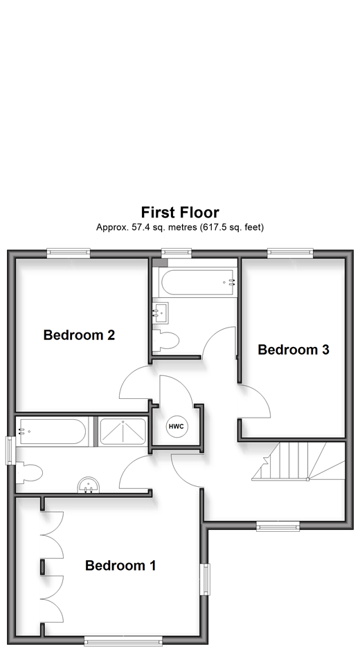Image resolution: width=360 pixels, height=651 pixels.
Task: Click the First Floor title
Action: [180, 212]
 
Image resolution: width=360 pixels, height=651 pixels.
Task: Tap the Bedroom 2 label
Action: [79, 335]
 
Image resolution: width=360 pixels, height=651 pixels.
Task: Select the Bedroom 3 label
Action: [293, 350]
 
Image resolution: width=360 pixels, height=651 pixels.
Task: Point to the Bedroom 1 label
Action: [120, 565]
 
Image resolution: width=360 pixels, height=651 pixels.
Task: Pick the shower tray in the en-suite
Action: [123, 431]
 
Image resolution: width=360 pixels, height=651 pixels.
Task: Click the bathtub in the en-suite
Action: [51, 431]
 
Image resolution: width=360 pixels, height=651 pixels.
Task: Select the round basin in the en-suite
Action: [89, 485]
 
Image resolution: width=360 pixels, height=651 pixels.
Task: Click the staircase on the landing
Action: [298, 462]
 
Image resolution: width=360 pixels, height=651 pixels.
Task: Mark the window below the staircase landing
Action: [278, 526]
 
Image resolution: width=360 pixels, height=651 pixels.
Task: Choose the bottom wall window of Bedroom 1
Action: [123, 641]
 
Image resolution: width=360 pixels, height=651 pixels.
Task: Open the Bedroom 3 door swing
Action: [254, 402]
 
